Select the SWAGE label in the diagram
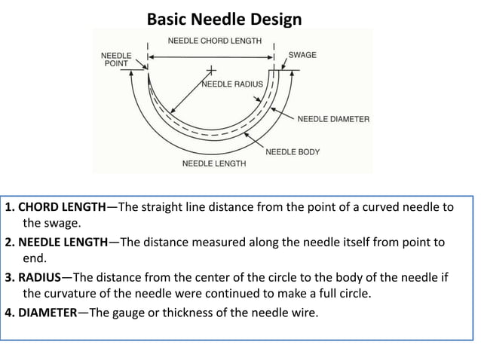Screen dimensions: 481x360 [x=302, y=55]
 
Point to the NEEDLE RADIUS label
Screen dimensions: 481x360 [x=232, y=84]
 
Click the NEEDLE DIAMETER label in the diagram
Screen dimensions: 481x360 [x=333, y=119]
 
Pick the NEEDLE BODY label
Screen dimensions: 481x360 [x=293, y=151]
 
